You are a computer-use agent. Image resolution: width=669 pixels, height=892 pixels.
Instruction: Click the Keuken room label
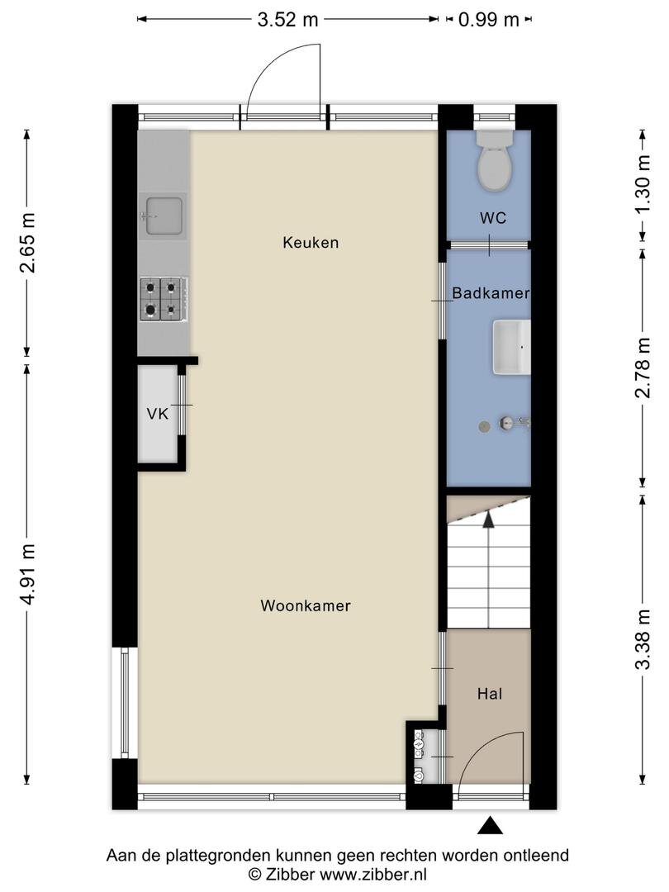pos(311,243)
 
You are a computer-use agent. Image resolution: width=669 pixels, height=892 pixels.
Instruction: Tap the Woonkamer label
pos(306,605)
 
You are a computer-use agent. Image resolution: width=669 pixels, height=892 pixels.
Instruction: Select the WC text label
pos(492,218)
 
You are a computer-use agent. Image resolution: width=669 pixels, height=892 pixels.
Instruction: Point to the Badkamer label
pos(491,293)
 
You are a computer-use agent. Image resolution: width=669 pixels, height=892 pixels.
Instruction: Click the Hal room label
pos(490,694)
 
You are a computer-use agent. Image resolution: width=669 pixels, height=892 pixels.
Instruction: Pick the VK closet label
pos(158,414)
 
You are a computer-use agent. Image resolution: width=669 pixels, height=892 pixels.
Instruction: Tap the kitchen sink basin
pos(164,216)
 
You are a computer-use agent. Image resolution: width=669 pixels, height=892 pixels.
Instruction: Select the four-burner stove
pos(164,299)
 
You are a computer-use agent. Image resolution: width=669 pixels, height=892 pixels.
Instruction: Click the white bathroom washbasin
pos(511,347)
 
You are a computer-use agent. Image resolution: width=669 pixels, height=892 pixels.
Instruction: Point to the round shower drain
pos(484,425)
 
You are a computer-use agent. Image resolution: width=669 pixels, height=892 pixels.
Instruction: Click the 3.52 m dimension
pos(288,19)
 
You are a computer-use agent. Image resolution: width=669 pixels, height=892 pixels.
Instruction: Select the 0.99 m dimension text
pos(489,19)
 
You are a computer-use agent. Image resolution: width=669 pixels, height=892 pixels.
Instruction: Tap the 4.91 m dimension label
pos(27,575)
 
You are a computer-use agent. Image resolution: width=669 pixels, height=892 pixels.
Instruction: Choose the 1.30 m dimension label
pos(643,184)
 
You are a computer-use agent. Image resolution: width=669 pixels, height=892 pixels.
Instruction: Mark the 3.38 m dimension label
pos(643,639)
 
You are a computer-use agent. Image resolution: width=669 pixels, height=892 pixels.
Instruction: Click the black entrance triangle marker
pos(489,825)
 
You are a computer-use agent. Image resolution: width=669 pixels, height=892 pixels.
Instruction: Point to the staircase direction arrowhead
pos(487,519)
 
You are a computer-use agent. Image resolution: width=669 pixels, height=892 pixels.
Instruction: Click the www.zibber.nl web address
pos(374,874)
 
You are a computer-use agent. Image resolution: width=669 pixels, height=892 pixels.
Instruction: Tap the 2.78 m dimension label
pos(643,368)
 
